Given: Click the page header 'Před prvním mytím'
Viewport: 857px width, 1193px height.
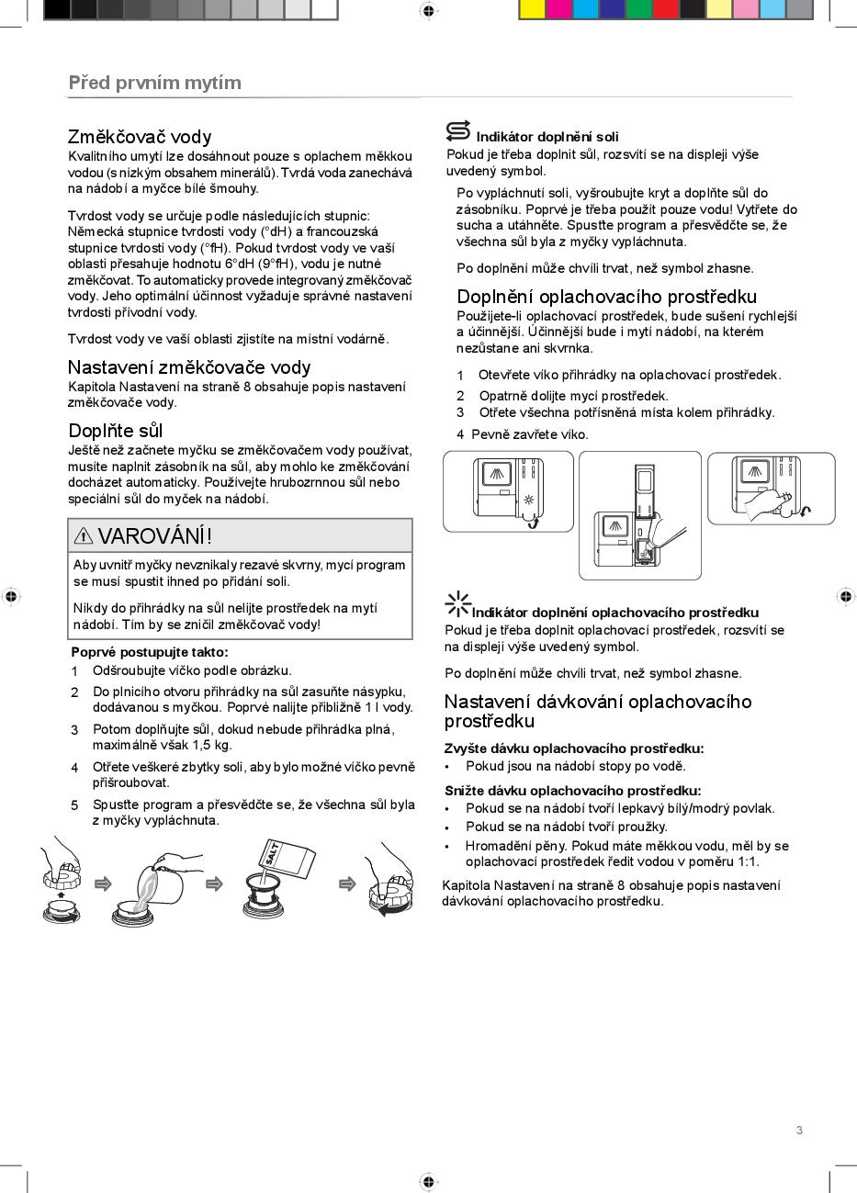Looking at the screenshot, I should tap(154, 83).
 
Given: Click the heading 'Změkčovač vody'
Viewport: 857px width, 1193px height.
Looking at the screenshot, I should tap(140, 137).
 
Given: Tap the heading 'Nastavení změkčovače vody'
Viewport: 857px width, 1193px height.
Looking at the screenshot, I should tap(189, 367).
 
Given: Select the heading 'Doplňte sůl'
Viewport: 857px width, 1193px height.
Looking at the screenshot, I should tap(116, 431).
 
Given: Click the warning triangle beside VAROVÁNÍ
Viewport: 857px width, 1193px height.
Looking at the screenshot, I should tap(84, 535).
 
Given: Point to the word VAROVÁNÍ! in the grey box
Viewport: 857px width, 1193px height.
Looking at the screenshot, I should tap(155, 535).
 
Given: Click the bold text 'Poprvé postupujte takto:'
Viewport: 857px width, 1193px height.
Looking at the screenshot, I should tap(150, 652).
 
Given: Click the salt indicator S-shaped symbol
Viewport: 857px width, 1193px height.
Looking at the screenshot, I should tap(458, 131).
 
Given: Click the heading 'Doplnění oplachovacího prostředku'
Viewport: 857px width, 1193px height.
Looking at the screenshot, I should tap(606, 297).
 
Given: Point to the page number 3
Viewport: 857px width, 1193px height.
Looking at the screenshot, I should tap(799, 1131).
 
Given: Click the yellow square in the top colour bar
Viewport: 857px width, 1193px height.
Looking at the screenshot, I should tap(532, 9).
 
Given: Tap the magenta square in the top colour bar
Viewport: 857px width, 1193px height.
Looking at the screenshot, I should tap(558, 9).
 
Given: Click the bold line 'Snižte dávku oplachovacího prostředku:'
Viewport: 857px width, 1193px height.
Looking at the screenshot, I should tap(572, 791).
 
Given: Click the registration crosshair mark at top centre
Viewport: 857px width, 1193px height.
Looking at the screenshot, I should tap(428, 10).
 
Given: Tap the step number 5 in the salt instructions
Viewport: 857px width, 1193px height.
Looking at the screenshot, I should tap(74, 805).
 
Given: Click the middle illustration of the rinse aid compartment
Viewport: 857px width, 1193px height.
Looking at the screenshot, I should tap(639, 514).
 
